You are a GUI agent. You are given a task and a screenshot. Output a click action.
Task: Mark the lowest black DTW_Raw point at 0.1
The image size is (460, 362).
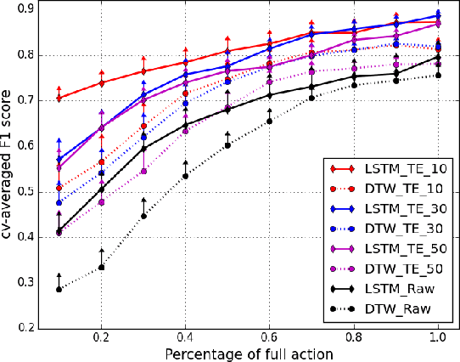59,290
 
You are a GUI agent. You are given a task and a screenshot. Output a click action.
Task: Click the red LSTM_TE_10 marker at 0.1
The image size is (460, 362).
59,99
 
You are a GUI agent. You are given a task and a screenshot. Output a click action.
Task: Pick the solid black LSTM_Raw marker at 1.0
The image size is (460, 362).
437,57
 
